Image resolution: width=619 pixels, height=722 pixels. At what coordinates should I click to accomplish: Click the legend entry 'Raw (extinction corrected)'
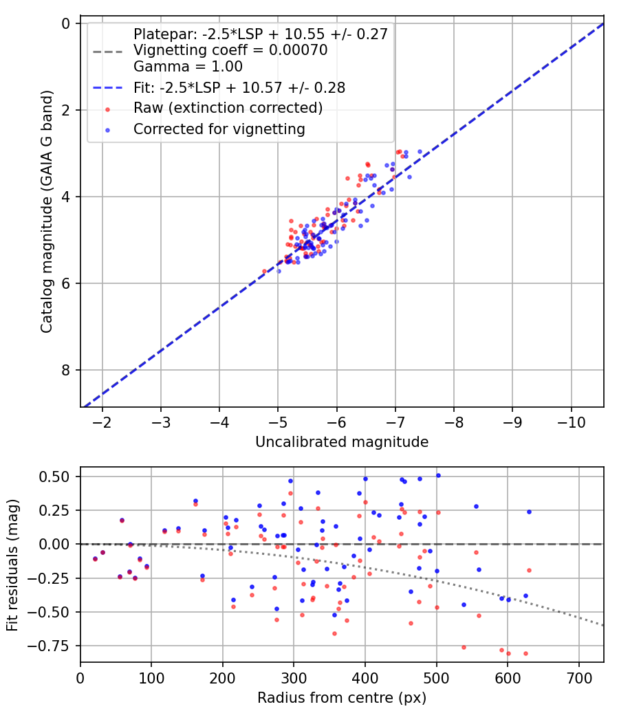(228, 108)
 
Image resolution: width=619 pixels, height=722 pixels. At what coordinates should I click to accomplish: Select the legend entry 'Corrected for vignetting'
(219, 129)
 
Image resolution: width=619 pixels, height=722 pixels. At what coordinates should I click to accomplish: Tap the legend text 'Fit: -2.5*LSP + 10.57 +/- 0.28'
(239, 87)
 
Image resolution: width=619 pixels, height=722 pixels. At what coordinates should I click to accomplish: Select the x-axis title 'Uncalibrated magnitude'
(342, 442)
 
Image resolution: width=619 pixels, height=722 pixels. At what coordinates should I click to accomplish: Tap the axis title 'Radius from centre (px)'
(342, 698)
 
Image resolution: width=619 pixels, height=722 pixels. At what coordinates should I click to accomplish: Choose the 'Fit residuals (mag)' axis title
(12, 565)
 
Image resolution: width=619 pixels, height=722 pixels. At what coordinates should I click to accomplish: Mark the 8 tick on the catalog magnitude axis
(66, 370)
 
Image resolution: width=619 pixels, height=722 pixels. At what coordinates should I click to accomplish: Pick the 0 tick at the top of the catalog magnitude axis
(66, 23)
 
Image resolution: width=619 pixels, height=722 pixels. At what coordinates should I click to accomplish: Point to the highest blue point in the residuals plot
(438, 475)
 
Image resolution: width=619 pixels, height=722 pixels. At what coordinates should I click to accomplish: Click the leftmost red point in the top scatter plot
(264, 271)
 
